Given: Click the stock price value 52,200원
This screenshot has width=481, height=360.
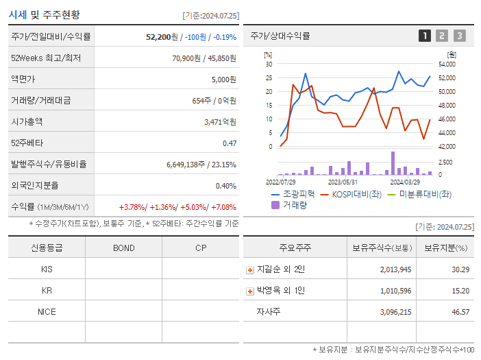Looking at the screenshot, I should pos(162,36).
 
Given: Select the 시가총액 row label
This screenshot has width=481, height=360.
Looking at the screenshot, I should pos(27,121).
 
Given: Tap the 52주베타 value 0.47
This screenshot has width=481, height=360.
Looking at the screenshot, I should pos(230,143).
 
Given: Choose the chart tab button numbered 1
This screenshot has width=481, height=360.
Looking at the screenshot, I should pos(425,36).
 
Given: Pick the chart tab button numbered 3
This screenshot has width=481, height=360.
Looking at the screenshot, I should pos(459,36).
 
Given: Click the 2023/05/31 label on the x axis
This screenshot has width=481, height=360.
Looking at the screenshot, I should pos(343,182).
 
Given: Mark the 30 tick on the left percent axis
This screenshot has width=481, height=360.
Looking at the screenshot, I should pos(269,64).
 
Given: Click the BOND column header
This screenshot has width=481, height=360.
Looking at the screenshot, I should pos(123,248).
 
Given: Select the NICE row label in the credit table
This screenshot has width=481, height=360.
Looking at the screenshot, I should pos(47,311).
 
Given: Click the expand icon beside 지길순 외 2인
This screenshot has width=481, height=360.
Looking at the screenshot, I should pos(250,269).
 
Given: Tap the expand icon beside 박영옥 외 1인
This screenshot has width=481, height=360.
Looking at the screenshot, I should pos(250,291).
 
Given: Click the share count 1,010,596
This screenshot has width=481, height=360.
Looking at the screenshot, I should pos(395,291).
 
